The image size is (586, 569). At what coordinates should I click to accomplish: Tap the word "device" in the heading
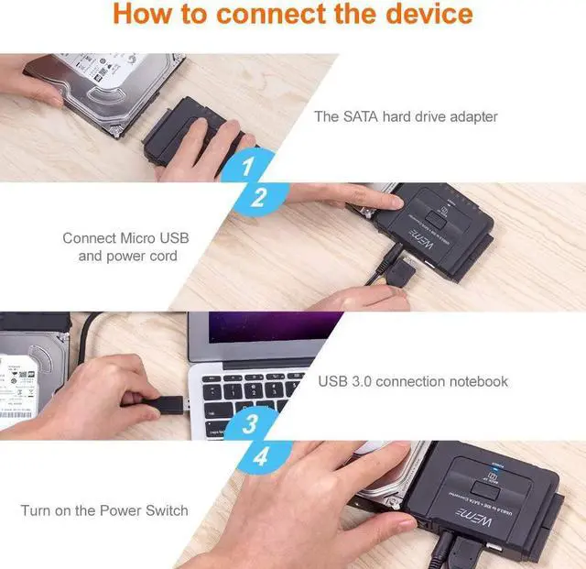coord(426,16)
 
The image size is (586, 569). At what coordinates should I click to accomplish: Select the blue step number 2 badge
coord(258,196)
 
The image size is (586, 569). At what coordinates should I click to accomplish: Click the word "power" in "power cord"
coord(126,256)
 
